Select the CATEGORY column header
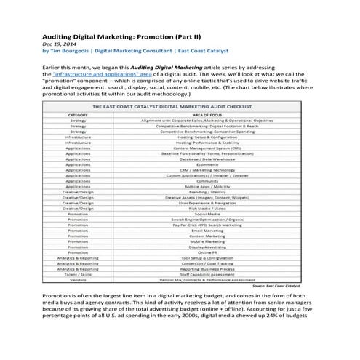(x=78, y=115)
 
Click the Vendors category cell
(x=78, y=279)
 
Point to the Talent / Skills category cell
(x=78, y=273)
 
